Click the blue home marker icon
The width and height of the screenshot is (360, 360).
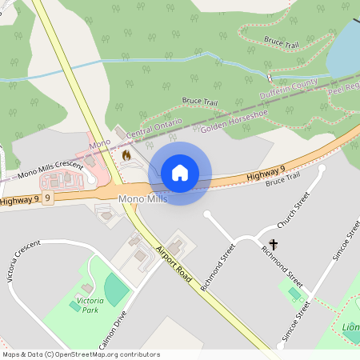click(x=180, y=173)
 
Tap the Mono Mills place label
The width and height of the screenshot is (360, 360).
click(x=142, y=198)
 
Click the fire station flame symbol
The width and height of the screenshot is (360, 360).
click(x=126, y=154)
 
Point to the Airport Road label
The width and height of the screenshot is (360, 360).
click(x=174, y=263)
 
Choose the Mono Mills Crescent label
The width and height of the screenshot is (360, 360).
click(x=50, y=169)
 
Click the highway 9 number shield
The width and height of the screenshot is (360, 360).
click(x=49, y=197)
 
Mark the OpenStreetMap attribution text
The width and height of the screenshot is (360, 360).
click(x=81, y=354)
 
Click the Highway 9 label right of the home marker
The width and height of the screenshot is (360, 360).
click(x=266, y=171)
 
